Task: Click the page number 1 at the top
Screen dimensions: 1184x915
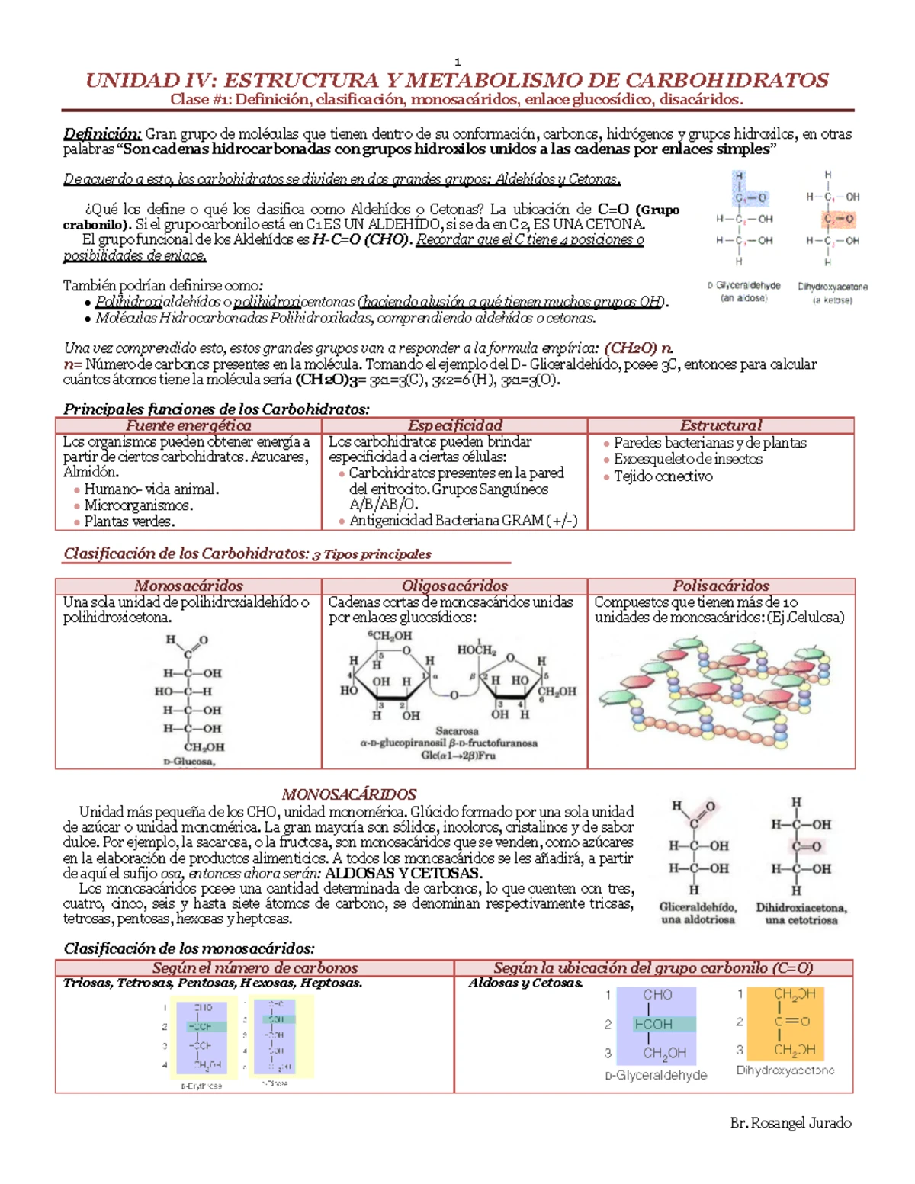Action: [x=457, y=62]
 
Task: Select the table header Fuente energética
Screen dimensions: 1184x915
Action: [x=188, y=425]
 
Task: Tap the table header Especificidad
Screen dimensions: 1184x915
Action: [x=454, y=425]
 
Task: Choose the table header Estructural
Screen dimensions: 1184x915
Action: [x=721, y=425]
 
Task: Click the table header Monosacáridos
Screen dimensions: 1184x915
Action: [x=188, y=586]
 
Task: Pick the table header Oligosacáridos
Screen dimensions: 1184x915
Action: [x=454, y=586]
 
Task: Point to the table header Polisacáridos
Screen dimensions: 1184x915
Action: [x=721, y=586]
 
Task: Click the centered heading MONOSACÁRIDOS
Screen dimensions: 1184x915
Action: [x=349, y=794]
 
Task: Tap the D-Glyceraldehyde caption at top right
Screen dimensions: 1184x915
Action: [x=743, y=286]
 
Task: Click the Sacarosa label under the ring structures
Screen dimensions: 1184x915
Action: [x=457, y=730]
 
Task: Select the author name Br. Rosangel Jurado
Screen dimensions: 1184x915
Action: [x=791, y=1123]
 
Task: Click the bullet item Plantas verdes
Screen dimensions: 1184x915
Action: [x=130, y=521]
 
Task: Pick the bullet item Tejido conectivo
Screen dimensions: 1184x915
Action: [x=663, y=476]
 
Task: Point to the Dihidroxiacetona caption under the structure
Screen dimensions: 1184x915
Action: [x=801, y=908]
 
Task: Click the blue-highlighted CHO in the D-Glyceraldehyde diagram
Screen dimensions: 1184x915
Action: [x=657, y=995]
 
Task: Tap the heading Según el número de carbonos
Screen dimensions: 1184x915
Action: [x=255, y=967]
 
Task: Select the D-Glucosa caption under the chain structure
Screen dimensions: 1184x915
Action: [x=189, y=761]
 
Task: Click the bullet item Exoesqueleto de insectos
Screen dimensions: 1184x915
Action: [x=688, y=459]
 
